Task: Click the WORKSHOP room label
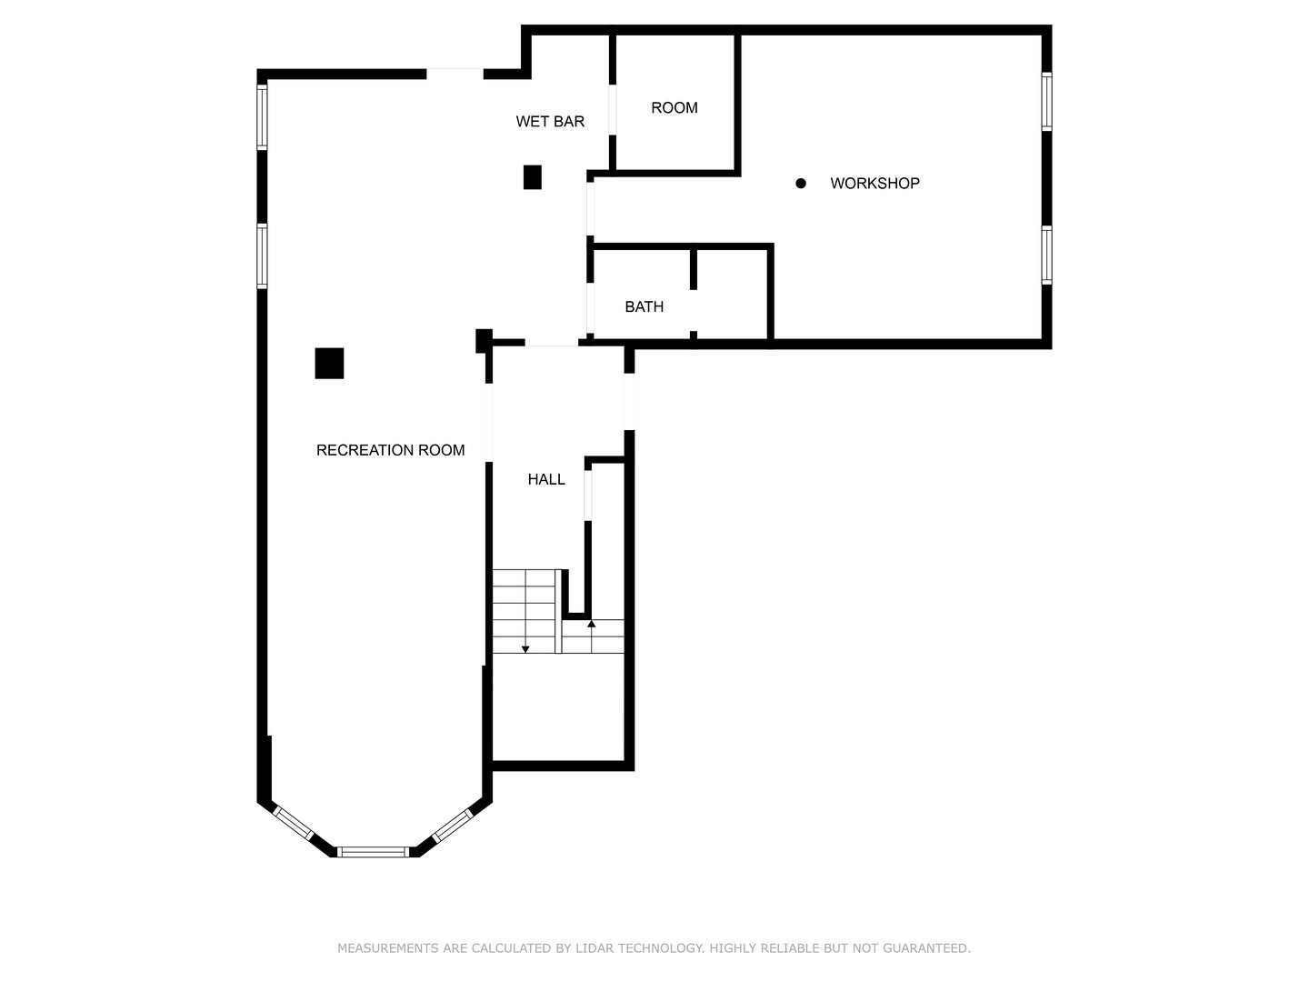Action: [874, 184]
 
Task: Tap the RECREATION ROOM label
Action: [390, 450]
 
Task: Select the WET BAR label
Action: [550, 122]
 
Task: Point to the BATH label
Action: [645, 307]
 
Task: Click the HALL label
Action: [546, 479]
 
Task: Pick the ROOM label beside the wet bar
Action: [674, 108]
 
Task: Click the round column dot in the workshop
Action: [800, 184]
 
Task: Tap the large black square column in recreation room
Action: [329, 363]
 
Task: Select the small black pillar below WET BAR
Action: [532, 177]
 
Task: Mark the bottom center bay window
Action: [374, 852]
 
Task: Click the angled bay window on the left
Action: [293, 823]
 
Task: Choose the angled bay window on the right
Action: [452, 826]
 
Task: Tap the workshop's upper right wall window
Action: [1046, 101]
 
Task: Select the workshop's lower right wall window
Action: [1046, 255]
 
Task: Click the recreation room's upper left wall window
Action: [262, 117]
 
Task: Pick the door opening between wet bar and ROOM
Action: [612, 110]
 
